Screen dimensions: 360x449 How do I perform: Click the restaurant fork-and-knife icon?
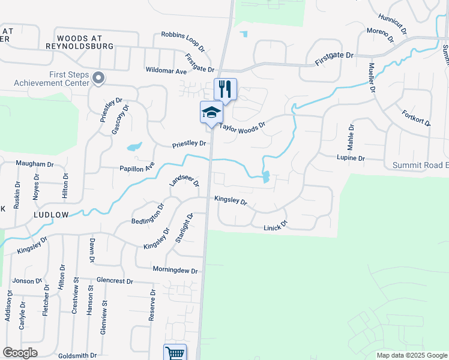(225, 89)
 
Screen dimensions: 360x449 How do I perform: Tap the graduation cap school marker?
(211, 112)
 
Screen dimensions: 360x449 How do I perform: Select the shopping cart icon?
(175, 353)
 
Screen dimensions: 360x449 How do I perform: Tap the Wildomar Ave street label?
(166, 70)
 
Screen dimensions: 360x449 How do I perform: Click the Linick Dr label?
(276, 227)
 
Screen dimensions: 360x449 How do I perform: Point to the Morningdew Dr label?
(175, 270)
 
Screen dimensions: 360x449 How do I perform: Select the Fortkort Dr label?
(416, 118)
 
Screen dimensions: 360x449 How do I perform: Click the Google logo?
(20, 353)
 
